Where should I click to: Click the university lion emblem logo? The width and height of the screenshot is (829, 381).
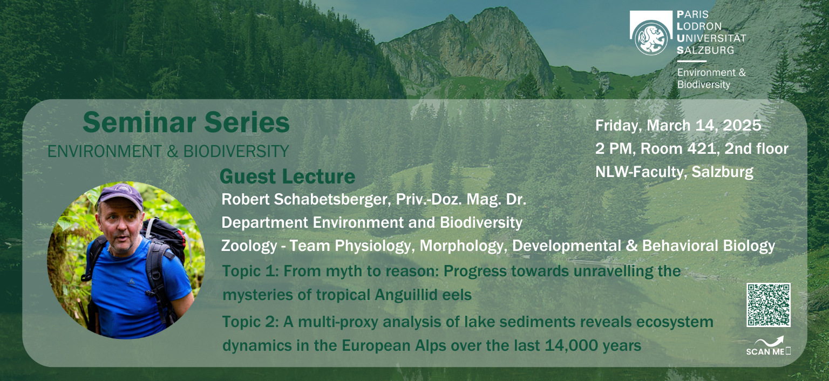651,37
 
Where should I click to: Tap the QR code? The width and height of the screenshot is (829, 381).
769,305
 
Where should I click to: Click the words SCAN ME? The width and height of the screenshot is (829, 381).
765,351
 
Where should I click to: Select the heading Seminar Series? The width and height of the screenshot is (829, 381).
186,122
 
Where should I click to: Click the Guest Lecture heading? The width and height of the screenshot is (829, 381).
287,176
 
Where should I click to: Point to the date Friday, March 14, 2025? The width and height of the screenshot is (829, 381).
678,125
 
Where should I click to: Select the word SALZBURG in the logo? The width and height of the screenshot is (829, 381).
705,50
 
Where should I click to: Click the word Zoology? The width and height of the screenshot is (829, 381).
249,246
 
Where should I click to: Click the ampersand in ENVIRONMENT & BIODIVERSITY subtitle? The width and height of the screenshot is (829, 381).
173,151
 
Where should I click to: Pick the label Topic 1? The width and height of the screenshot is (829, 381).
250,271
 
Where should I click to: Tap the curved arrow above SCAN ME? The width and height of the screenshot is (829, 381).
769,341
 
